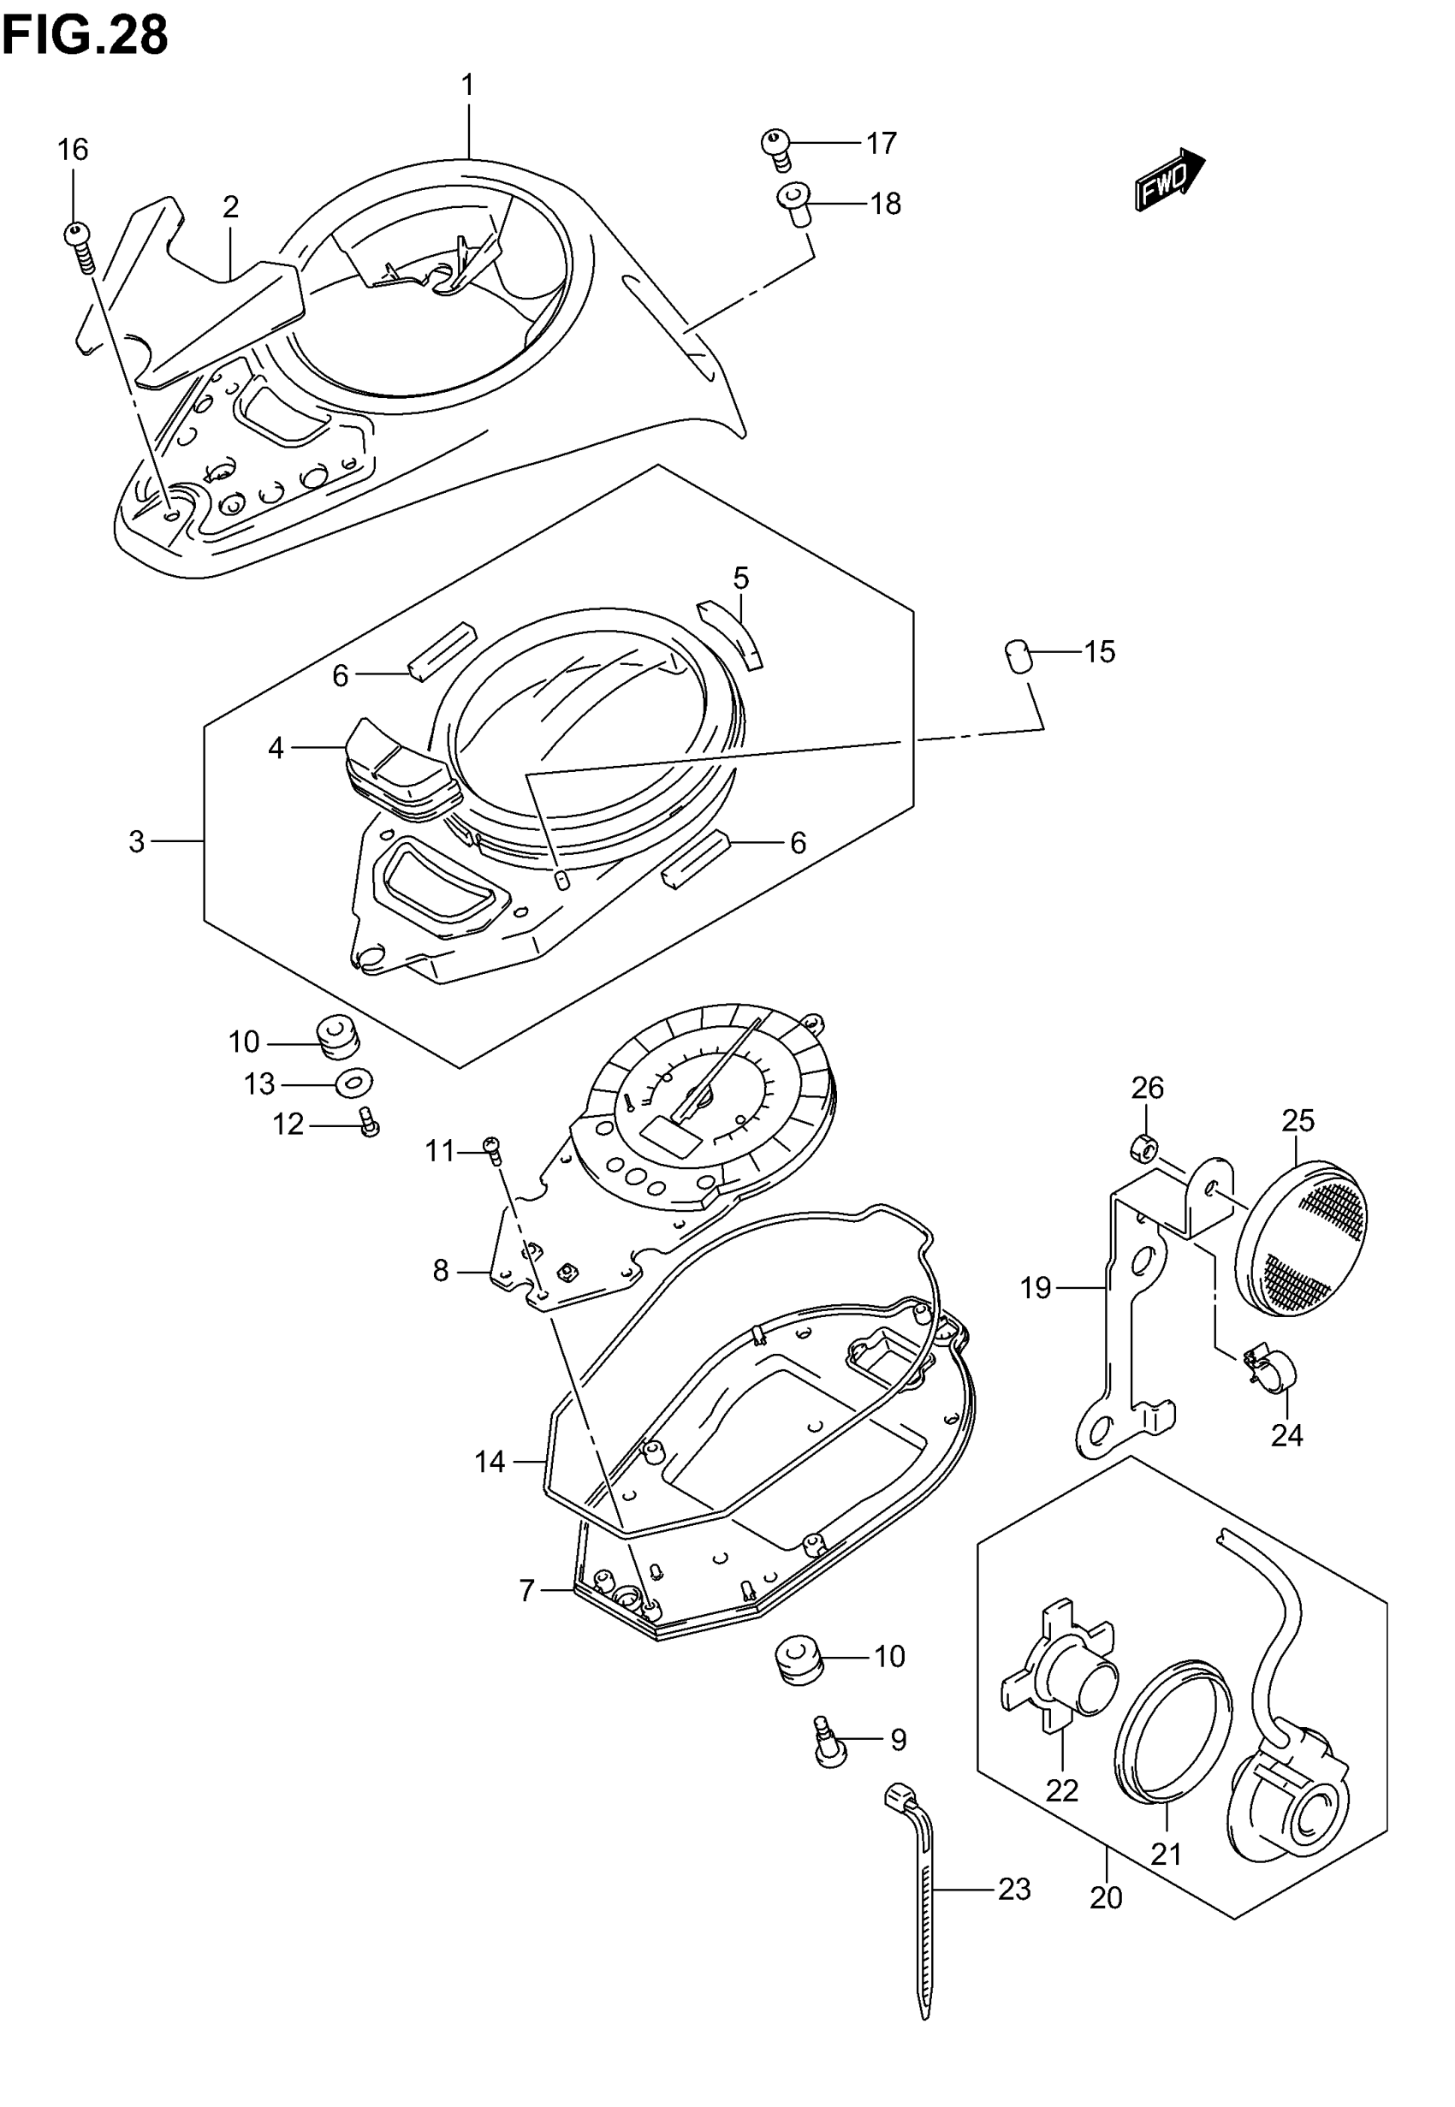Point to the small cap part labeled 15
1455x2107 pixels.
coord(1018,656)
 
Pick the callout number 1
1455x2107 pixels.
coord(467,86)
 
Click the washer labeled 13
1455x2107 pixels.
coord(353,1083)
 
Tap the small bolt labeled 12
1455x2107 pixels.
coord(369,1122)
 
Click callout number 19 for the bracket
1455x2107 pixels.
coord(1036,1288)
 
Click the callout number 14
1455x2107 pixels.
coord(490,1462)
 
